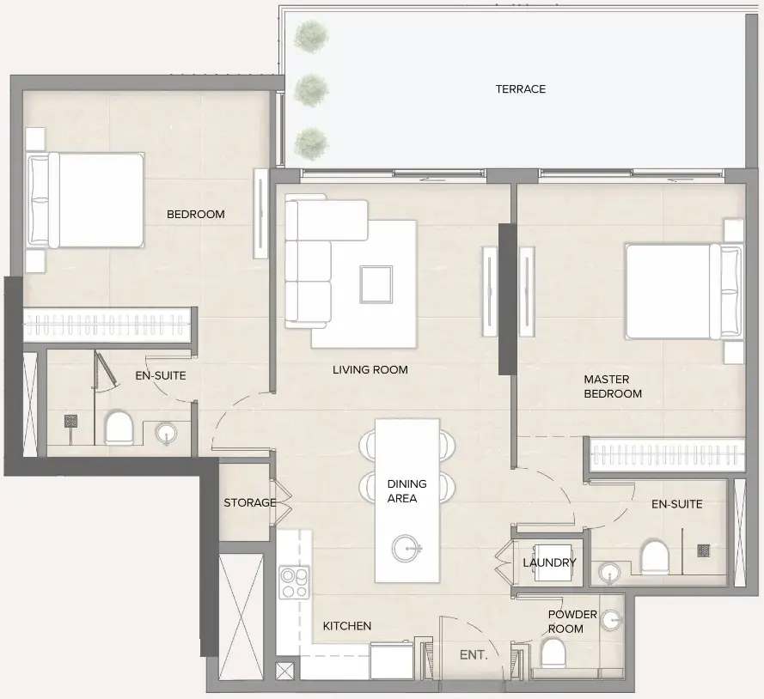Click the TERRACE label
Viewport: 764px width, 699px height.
520,89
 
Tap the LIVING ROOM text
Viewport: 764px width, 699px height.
370,370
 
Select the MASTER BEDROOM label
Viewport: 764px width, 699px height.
612,386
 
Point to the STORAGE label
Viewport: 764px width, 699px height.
249,503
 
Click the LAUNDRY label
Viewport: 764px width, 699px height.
549,563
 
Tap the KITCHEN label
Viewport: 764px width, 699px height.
347,626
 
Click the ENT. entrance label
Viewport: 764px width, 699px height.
474,654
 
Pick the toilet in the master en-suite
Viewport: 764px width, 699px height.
655,557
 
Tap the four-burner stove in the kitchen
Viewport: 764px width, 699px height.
295,583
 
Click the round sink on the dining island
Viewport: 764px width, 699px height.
406,546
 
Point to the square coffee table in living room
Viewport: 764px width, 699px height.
376,284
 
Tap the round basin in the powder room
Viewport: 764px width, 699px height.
611,618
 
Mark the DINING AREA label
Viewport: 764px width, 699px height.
406,491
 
